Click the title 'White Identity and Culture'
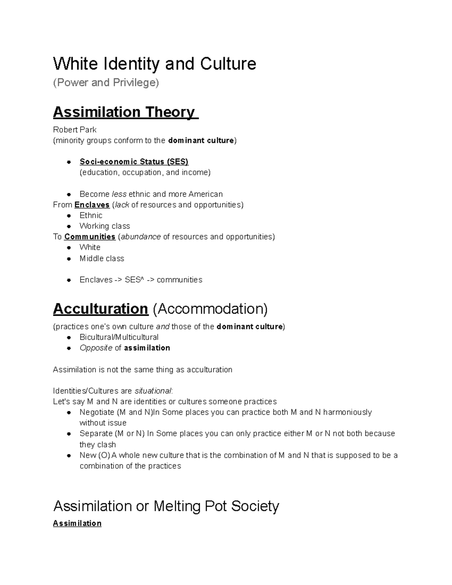154,64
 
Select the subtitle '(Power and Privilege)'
106,82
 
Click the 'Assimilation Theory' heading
125,112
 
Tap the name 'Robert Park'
75,130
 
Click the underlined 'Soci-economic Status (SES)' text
134,162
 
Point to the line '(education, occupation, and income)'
145,173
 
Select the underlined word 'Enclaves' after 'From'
92,205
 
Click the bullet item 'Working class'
105,226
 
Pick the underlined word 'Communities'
90,237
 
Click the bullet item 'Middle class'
102,258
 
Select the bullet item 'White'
90,247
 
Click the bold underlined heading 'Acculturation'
100,309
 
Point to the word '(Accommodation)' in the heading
210,309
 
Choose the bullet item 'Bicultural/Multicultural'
119,337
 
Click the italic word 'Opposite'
96,348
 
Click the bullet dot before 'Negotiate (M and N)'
69,412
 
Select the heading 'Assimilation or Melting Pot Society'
166,506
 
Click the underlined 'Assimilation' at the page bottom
77,523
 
